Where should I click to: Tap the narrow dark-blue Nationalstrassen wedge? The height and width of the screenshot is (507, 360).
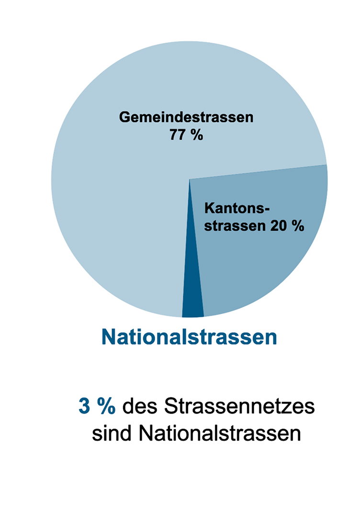coord(192,302)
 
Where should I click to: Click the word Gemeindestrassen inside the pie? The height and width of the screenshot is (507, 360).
coord(186,118)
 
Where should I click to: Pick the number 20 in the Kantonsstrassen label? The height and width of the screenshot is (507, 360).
coord(277,225)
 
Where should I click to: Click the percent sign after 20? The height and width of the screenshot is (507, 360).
coord(298,225)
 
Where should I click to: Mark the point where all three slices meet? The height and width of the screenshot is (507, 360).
coord(190,180)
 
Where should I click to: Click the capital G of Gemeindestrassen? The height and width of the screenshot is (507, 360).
coord(125,118)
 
